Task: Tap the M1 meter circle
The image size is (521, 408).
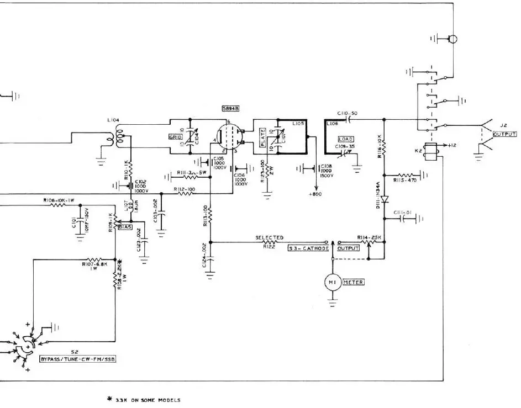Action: tap(332, 282)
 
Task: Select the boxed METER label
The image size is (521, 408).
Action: tap(354, 282)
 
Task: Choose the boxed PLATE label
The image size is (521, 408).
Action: tap(262, 145)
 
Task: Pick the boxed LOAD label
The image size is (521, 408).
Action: tap(346, 139)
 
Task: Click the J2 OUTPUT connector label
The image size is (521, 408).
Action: tap(504, 134)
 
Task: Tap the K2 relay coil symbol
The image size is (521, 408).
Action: tap(429, 151)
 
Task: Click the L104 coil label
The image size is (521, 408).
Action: tap(113, 120)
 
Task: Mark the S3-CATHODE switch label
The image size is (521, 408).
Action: tap(309, 249)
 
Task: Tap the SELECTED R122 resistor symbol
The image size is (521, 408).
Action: tap(269, 242)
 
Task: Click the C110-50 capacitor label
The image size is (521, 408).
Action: tap(347, 113)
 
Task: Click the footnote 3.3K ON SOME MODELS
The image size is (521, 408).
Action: tap(146, 400)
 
